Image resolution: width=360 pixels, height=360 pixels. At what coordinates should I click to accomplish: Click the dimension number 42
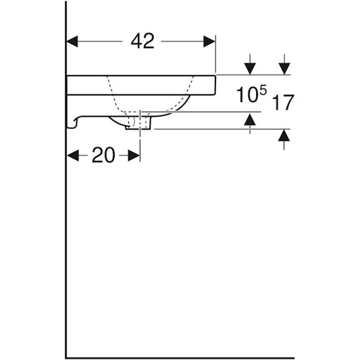coord(143,41)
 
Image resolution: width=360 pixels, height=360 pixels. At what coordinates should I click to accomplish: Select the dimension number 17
coord(284,103)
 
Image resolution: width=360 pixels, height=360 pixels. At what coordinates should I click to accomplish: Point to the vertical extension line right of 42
coord(215,54)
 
